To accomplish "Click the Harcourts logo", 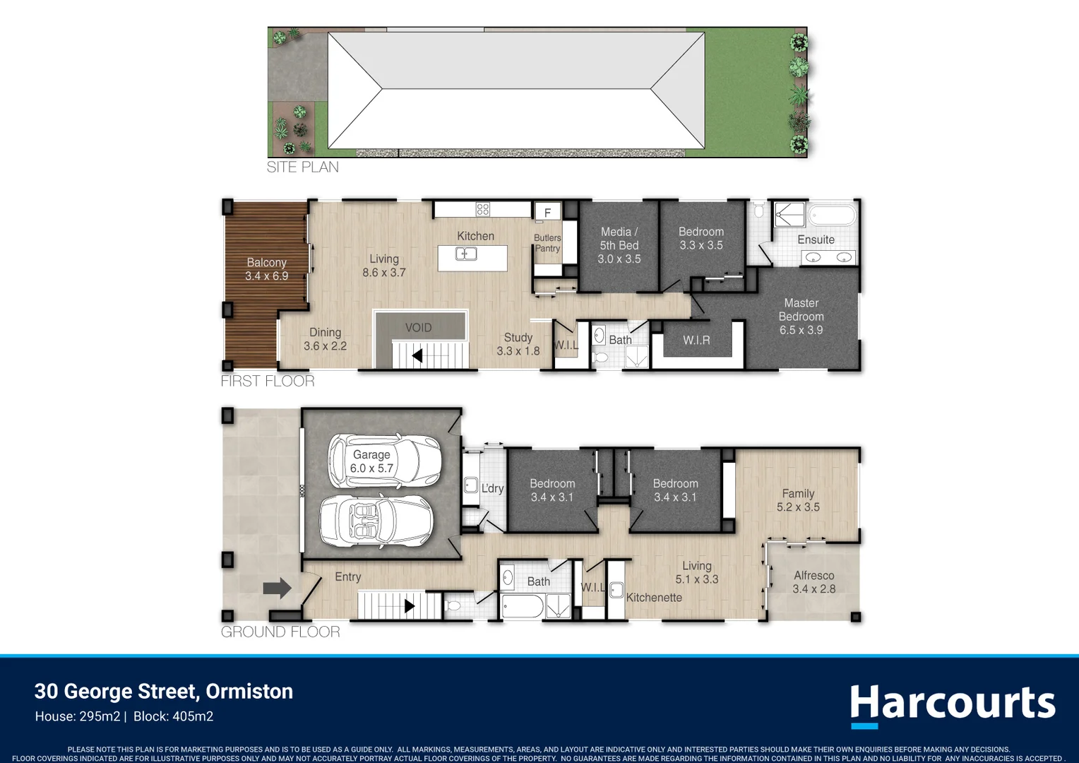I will click(952, 704).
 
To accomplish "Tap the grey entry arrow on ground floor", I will click(277, 588).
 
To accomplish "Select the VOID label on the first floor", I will click(418, 328).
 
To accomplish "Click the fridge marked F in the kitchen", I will click(547, 212).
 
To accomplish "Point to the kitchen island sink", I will click(465, 254).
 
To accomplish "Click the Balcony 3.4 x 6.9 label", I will click(266, 269).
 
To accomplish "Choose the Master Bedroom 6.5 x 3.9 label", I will click(801, 317).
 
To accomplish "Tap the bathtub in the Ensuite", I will click(832, 215).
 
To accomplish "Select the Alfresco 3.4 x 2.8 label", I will click(813, 582).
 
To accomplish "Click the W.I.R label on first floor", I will click(696, 341).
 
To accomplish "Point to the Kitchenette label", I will click(654, 598).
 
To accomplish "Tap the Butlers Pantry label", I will click(547, 243).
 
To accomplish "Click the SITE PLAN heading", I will click(302, 167).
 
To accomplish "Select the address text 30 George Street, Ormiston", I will click(164, 691).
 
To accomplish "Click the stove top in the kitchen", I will click(482, 209).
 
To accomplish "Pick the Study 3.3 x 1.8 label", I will click(518, 344).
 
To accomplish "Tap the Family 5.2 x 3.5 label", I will click(798, 500).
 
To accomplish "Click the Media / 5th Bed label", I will click(619, 245).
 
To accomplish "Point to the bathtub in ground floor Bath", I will click(522, 606).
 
